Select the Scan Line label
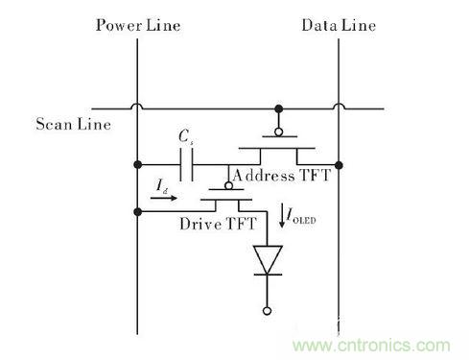pyautogui.click(x=68, y=124)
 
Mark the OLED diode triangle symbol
pyautogui.click(x=266, y=259)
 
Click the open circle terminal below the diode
pyautogui.click(x=266, y=310)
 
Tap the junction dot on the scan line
pyautogui.click(x=278, y=107)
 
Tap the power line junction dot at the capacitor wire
pyautogui.click(x=138, y=162)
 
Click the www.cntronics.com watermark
pyautogui.click(x=384, y=344)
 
